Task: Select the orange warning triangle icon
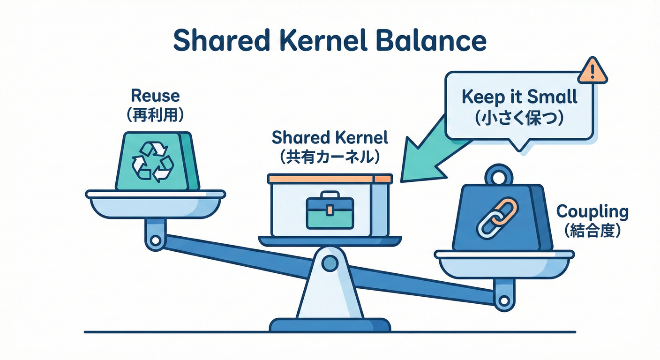click(x=592, y=72)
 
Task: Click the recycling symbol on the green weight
click(x=153, y=162)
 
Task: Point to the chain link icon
click(x=496, y=218)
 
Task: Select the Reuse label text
click(x=155, y=96)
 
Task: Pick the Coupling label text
click(x=592, y=211)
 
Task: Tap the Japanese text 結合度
click(x=592, y=231)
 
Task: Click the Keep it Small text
click(x=519, y=97)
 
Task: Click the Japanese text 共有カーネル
click(x=330, y=157)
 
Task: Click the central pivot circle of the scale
click(x=330, y=263)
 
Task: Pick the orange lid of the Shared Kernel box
click(x=330, y=179)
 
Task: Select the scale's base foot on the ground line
click(x=330, y=325)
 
